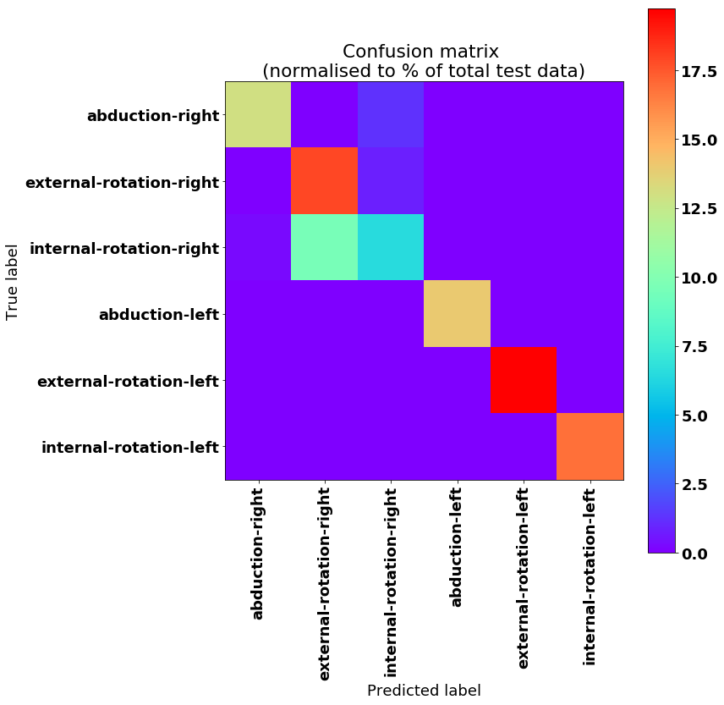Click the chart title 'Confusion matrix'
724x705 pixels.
(x=424, y=51)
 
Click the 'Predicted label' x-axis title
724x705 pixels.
(x=424, y=690)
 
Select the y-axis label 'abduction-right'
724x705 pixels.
(x=152, y=116)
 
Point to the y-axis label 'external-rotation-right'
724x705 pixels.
(x=122, y=182)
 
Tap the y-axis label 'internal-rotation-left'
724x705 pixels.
(x=129, y=447)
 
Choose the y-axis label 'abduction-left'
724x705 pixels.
(x=158, y=315)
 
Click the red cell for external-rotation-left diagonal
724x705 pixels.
(x=524, y=380)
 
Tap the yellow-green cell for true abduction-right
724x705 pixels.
(x=258, y=114)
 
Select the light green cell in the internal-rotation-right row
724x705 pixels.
(x=324, y=247)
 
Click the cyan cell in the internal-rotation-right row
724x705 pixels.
(x=391, y=247)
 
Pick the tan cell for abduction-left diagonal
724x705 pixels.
(x=457, y=313)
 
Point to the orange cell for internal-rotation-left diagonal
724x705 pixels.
(x=590, y=446)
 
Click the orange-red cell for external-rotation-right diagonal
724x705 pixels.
(x=324, y=180)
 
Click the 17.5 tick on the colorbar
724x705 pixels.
(x=699, y=72)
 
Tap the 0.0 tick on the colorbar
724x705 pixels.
(x=699, y=554)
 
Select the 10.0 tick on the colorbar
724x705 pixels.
(x=699, y=278)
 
